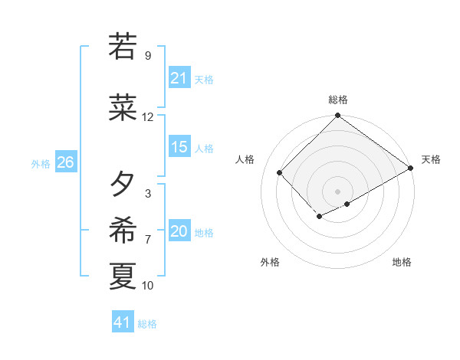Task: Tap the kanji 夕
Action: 123,184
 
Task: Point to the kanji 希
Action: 123,229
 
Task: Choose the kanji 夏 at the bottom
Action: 123,276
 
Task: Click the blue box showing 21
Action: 179,78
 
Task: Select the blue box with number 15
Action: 179,147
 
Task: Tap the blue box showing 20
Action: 179,232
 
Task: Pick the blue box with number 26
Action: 65,162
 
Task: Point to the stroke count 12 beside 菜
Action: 148,117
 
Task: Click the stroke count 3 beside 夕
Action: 148,194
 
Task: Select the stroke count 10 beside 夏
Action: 148,286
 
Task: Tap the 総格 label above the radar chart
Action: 337,100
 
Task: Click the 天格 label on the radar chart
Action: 431,159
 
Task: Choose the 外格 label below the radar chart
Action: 270,262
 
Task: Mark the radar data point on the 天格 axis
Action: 412,168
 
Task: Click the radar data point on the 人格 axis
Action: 280,172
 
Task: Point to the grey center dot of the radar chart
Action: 337,191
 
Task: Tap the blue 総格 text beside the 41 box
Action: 147,324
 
